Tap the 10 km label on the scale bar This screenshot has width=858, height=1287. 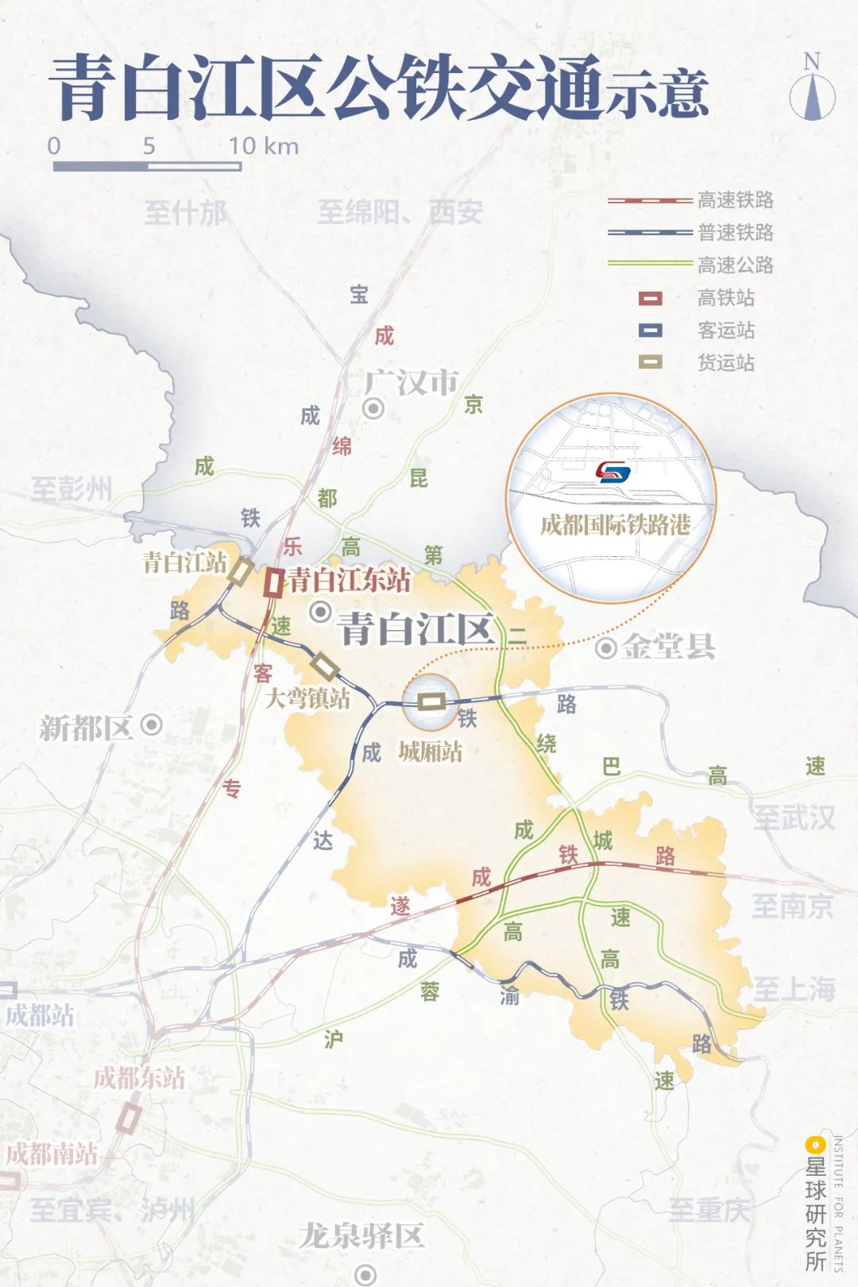pyautogui.click(x=263, y=145)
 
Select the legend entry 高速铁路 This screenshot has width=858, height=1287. pyautogui.click(x=734, y=200)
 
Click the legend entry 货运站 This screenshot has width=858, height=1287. pyautogui.click(x=725, y=363)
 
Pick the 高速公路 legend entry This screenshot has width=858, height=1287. pyautogui.click(x=734, y=265)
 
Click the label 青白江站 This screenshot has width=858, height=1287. pyautogui.click(x=184, y=562)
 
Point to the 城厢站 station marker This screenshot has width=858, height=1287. pyautogui.click(x=431, y=701)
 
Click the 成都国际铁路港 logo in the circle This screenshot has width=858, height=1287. pyautogui.click(x=613, y=473)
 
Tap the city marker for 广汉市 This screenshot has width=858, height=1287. pyautogui.click(x=373, y=409)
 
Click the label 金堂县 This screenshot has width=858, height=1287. pyautogui.click(x=668, y=647)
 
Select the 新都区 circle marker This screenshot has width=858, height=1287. pyautogui.click(x=151, y=725)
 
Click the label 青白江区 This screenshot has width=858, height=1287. pyautogui.click(x=416, y=630)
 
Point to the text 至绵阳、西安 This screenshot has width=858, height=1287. pyautogui.click(x=400, y=212)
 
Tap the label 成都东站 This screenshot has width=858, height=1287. pyautogui.click(x=139, y=1078)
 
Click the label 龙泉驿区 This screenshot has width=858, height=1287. pyautogui.click(x=361, y=1235)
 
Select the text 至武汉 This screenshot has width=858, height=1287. pyautogui.click(x=794, y=817)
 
